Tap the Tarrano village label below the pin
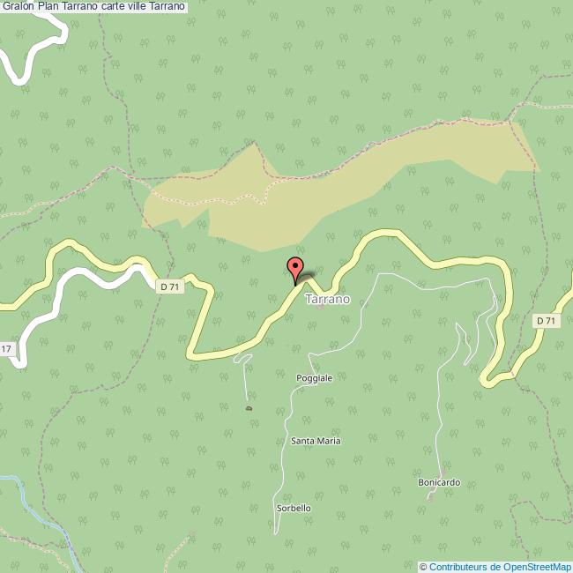327,300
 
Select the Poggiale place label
314,378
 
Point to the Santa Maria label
316,441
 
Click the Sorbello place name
294,509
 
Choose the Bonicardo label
439,483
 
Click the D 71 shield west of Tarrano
171,286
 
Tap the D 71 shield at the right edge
547,321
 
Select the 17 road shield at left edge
6,350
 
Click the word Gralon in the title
18,6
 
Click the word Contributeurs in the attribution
458,567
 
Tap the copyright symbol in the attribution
423,567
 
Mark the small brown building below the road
249,408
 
